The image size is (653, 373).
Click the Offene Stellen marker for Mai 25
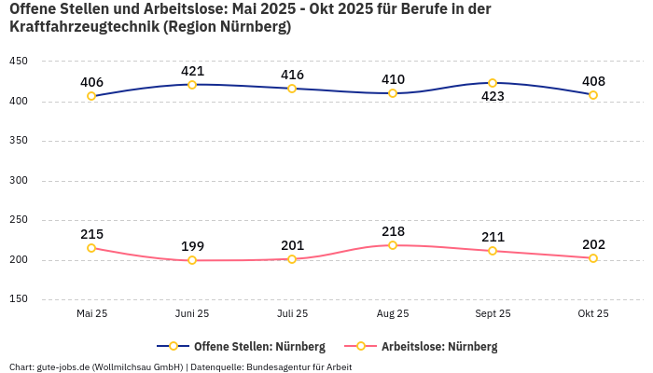pos(91,96)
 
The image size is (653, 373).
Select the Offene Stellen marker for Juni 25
pos(192,85)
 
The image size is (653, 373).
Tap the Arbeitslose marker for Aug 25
pos(393,245)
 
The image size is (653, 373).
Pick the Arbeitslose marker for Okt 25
pos(593,258)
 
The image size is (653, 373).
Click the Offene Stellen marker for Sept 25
pos(493,83)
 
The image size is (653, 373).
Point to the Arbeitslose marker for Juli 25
pos(292,259)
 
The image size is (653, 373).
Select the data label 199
pos(192,246)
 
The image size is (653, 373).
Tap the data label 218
pos(393,231)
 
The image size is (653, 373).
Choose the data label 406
pos(91,82)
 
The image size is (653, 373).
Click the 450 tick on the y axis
pos(19,62)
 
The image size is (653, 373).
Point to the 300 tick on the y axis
pos(19,180)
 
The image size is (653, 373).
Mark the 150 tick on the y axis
pos(19,299)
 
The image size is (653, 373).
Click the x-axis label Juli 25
pos(292,313)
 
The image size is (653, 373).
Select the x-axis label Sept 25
pos(493,313)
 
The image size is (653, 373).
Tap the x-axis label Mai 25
pos(91,313)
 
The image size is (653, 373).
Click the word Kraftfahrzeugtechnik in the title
pos(84,27)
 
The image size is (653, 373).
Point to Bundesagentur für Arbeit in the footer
pos(299,366)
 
